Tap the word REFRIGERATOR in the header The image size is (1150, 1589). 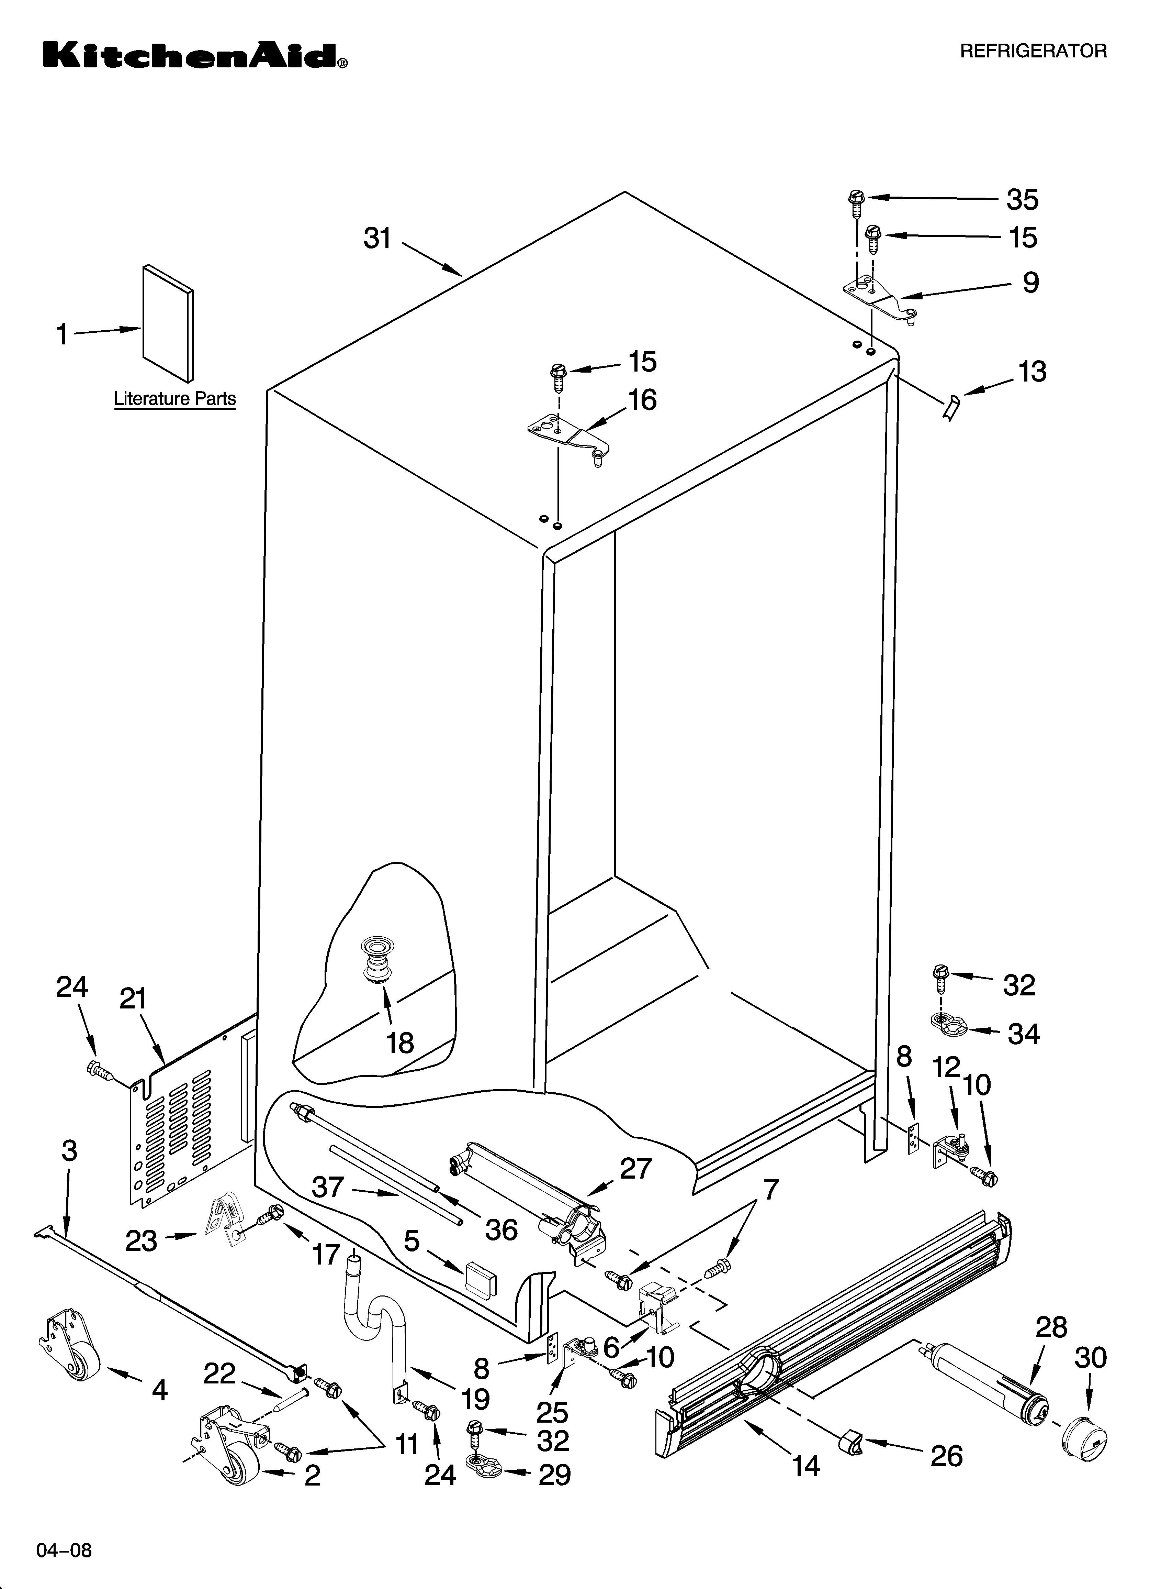click(1033, 51)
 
